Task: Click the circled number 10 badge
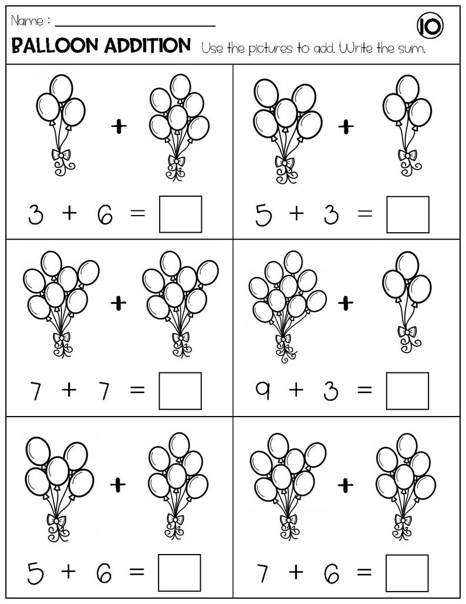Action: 430,26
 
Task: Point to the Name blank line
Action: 136,25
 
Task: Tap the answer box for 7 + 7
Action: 180,391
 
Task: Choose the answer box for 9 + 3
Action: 407,391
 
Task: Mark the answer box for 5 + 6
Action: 180,571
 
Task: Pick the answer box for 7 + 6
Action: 407,571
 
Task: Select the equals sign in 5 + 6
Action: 137,572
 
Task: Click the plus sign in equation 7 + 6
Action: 296,571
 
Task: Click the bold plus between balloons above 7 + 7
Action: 119,302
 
